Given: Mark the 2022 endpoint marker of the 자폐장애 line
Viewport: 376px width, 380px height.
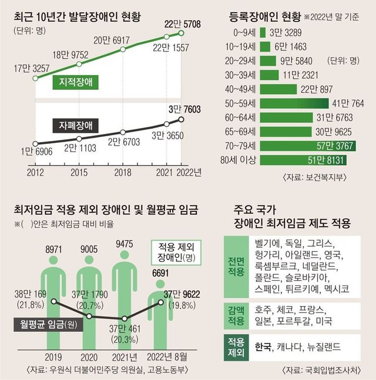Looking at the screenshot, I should [181, 120].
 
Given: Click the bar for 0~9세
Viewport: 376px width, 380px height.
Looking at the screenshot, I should [263, 33].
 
